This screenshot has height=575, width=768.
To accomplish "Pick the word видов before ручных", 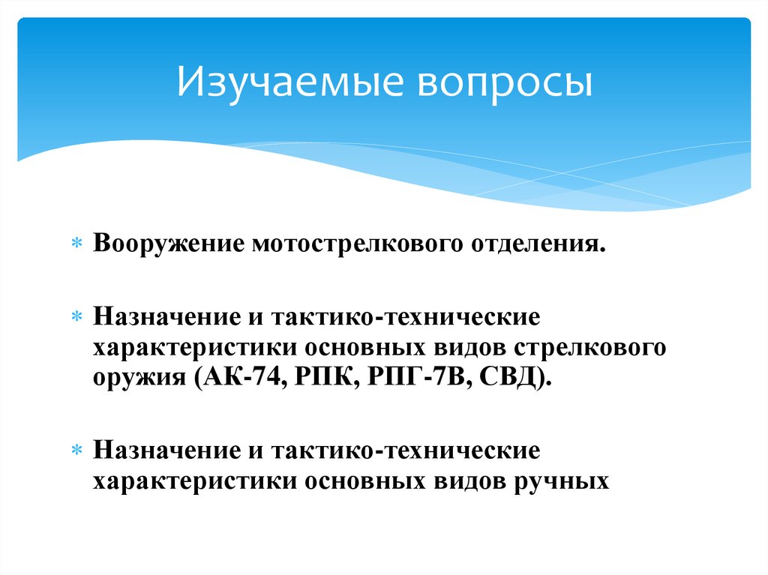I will [470, 479].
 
